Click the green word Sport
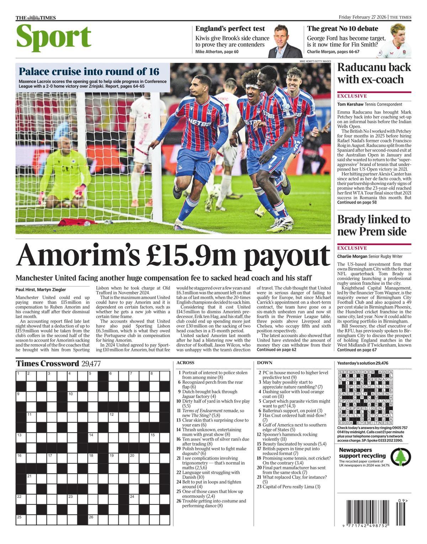point(54,37)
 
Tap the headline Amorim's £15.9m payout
point(173,255)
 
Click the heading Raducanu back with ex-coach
point(374,73)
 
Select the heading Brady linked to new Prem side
point(374,225)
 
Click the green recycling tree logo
point(400,457)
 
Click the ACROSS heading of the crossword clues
point(185,363)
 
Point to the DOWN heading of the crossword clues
point(265,363)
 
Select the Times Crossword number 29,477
point(91,363)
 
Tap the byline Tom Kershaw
point(349,104)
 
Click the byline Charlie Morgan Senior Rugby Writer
point(370,256)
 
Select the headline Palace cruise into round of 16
point(89,71)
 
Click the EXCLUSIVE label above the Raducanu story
point(352,96)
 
